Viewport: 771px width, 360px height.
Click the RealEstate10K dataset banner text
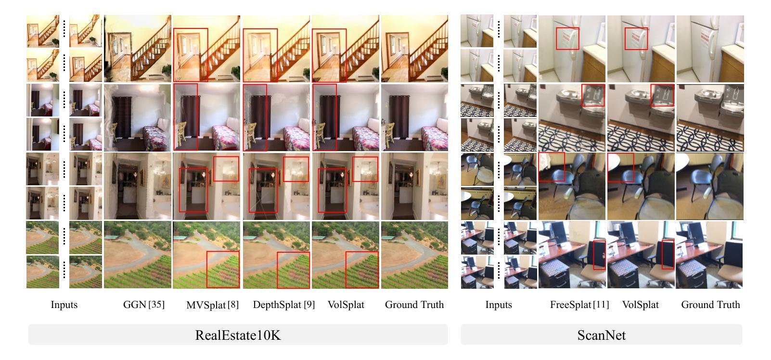click(x=238, y=335)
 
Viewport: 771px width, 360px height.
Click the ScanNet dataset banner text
click(x=601, y=335)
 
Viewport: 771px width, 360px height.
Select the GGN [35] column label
click(x=144, y=305)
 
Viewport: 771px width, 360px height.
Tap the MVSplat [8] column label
click(x=212, y=305)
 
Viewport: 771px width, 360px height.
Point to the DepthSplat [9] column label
click(x=283, y=305)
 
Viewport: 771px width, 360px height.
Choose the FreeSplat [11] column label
click(x=579, y=305)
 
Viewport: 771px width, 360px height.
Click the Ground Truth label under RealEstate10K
click(x=414, y=305)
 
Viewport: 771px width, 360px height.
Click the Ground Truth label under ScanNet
click(x=710, y=305)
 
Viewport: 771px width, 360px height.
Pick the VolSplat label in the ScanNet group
click(x=640, y=305)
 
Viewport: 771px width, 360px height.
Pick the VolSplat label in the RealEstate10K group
click(x=346, y=305)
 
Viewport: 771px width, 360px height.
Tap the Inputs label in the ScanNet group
click(x=499, y=305)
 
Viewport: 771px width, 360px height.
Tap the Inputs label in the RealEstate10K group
click(x=64, y=305)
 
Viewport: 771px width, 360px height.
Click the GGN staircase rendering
click(x=138, y=48)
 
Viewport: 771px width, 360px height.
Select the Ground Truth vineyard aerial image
click(x=414, y=255)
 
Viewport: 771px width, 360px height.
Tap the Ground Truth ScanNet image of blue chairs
click(x=710, y=186)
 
